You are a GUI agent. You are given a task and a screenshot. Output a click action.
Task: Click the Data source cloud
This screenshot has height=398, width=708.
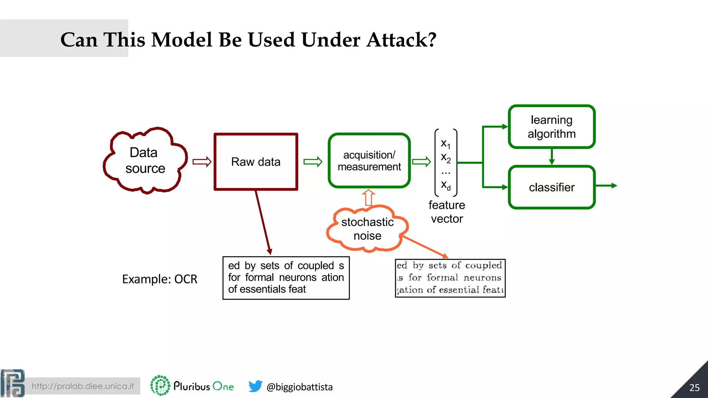pos(145,160)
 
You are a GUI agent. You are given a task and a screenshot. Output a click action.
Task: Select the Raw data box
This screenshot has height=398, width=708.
pos(256,162)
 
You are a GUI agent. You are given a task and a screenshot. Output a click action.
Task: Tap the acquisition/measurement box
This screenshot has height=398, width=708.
pos(369,161)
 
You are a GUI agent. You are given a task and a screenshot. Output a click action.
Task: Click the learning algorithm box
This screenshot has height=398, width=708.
pos(551,127)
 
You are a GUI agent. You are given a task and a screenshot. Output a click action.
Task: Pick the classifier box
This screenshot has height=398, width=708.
pos(551,187)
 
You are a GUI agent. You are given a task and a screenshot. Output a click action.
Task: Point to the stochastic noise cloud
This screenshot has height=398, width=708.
pos(367,229)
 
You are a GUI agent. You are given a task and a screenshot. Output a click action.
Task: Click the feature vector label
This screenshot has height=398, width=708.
pos(447,212)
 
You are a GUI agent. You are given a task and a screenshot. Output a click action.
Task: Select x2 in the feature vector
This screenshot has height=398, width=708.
pos(446,158)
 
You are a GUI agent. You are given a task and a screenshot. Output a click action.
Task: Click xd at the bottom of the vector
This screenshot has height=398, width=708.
pos(446,185)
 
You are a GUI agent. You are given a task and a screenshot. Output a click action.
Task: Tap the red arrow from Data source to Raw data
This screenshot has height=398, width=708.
pos(202,162)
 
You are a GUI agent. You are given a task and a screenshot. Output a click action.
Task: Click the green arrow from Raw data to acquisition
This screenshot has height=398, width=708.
pos(313,162)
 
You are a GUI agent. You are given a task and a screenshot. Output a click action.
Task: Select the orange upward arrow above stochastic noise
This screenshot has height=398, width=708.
pos(369,198)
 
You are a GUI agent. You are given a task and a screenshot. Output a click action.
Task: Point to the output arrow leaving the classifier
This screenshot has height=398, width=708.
pos(606,186)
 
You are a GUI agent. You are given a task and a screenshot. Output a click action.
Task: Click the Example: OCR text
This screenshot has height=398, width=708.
pos(159,279)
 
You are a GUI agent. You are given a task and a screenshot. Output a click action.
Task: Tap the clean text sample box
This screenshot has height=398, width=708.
pos(286,278)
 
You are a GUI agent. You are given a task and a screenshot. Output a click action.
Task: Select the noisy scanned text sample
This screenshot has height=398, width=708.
pos(450,278)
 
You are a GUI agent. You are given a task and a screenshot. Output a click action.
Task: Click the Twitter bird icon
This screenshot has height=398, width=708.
pos(255,386)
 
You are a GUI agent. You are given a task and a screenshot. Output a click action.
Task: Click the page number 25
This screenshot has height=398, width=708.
pos(694,388)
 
